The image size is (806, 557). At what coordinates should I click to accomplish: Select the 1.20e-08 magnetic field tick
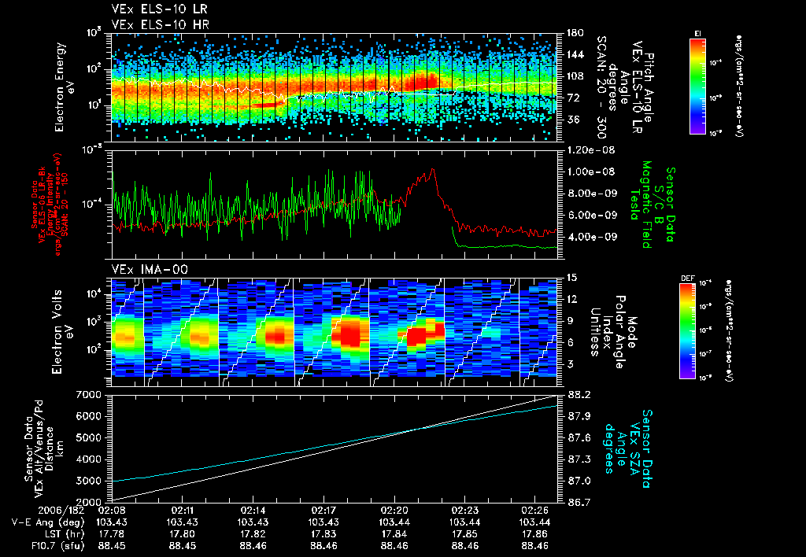pyautogui.click(x=586, y=149)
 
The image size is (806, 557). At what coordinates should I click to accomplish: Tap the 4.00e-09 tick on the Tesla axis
pyautogui.click(x=586, y=237)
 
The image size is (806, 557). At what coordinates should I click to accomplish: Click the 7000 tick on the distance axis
pyautogui.click(x=93, y=394)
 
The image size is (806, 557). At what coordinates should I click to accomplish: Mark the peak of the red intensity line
pyautogui.click(x=431, y=170)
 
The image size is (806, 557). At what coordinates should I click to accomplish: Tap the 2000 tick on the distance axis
pyautogui.click(x=93, y=502)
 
